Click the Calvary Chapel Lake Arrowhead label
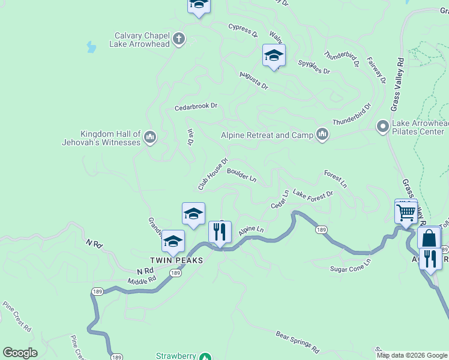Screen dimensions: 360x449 tap(139, 40)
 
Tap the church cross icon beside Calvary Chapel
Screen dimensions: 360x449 tap(178, 40)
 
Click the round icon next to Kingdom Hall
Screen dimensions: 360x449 tap(150, 138)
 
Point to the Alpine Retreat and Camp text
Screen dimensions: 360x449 tap(267, 135)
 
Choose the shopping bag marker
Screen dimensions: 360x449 tap(430, 238)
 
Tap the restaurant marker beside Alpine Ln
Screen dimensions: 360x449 tap(220, 232)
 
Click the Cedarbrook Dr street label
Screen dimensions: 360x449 tap(196, 107)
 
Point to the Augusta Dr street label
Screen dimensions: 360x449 tap(253, 80)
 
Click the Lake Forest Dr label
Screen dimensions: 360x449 tap(313, 195)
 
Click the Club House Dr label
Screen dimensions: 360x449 tap(214, 174)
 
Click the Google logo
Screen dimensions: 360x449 tap(20, 353)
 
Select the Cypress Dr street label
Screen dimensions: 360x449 tap(243, 29)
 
